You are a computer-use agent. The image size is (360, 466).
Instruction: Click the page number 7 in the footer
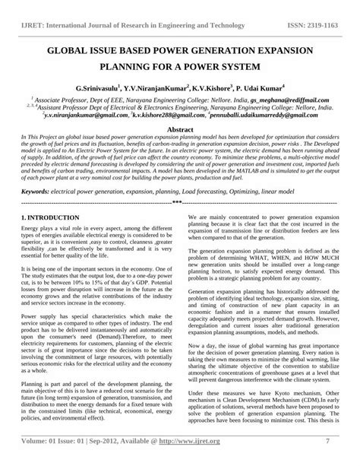[327, 459]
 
